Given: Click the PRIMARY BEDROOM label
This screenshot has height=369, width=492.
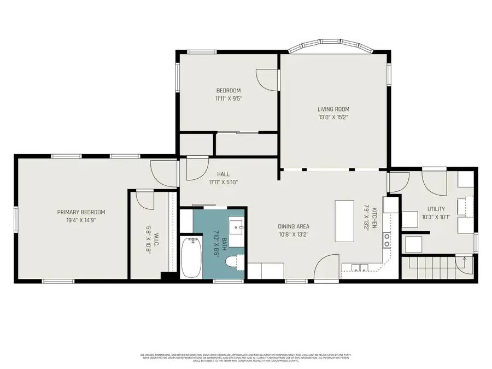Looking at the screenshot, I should (x=81, y=212).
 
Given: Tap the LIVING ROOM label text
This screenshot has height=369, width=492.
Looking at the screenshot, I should (x=333, y=109).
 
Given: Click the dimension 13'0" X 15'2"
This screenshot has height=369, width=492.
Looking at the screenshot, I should (x=333, y=117).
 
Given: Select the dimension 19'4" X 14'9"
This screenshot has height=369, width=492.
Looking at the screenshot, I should (x=81, y=220).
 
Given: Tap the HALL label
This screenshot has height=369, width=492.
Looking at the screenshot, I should (x=223, y=174).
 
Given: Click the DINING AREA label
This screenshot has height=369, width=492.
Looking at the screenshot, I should (x=294, y=226).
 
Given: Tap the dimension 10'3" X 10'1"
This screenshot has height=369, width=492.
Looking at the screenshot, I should (x=436, y=217).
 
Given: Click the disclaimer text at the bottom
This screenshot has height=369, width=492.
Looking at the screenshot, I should (x=246, y=357).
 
